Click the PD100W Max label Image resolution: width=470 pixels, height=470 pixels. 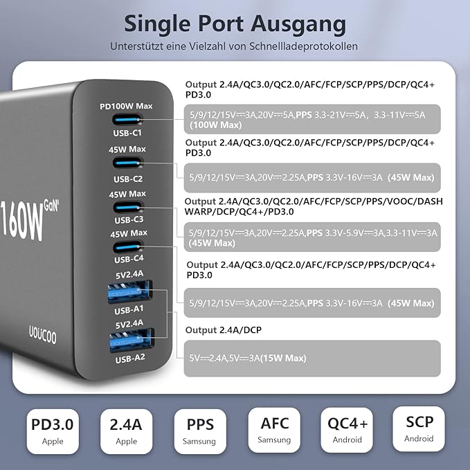(x=126, y=106)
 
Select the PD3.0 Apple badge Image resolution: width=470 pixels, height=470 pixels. (x=53, y=430)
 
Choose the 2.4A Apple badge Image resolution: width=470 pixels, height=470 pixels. (x=126, y=430)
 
